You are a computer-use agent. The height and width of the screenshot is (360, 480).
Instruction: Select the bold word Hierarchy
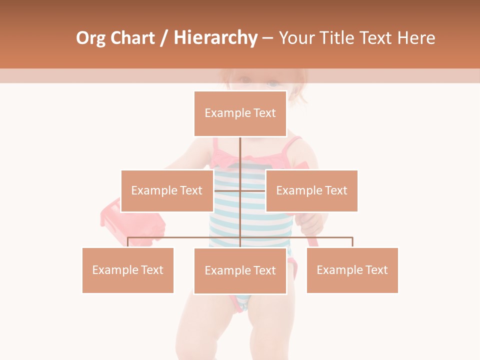point(215,38)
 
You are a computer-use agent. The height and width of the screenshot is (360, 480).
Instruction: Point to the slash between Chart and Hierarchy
point(164,38)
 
